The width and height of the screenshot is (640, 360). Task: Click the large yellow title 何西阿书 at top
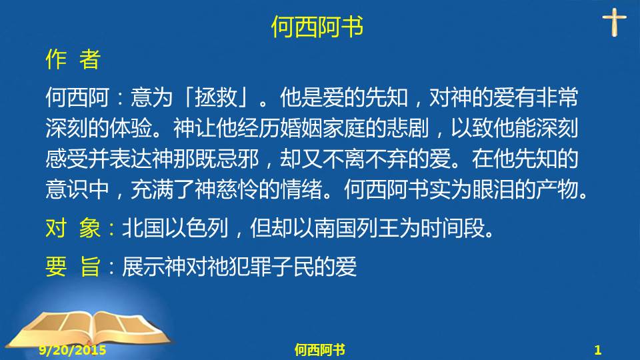(317, 27)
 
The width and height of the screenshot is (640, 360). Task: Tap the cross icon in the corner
(614, 23)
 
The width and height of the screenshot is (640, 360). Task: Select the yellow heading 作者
(73, 59)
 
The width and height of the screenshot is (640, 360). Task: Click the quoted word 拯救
(215, 97)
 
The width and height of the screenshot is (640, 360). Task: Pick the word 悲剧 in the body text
(407, 128)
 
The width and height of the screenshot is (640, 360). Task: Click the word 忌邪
(237, 159)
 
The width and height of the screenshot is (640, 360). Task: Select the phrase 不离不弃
(365, 159)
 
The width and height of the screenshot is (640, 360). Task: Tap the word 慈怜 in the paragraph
(237, 189)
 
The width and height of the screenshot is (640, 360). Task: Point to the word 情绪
(301, 189)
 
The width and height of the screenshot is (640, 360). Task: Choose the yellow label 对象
(73, 228)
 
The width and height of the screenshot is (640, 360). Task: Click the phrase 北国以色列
(175, 228)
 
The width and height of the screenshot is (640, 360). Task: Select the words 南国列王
(356, 228)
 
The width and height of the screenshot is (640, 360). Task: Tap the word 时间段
(452, 228)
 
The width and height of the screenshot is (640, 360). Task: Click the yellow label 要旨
(73, 267)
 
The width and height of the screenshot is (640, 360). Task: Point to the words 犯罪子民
(271, 267)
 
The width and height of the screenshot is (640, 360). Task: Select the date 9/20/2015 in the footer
(73, 350)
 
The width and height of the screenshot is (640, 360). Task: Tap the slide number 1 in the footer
(598, 350)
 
